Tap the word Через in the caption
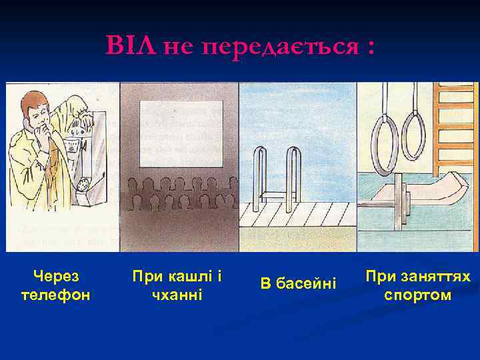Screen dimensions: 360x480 coord(55,275)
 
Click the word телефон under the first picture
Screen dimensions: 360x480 coord(55,294)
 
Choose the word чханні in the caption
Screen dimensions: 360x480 coord(177,294)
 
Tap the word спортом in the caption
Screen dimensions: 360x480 coord(418,294)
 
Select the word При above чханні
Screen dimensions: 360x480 coord(145,275)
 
